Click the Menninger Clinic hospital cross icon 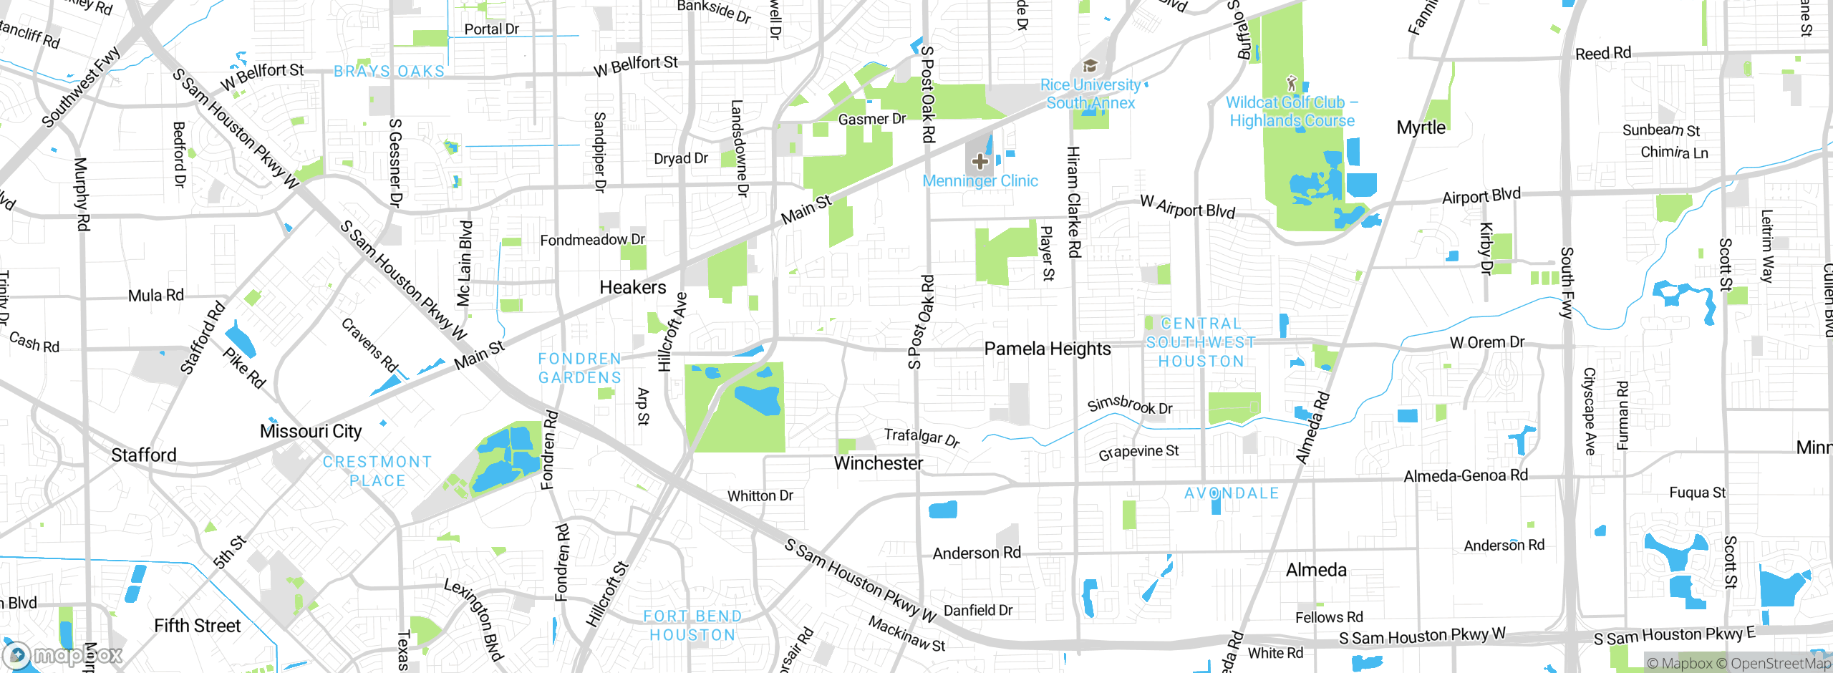tap(980, 162)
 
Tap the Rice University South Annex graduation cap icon tap(1090, 67)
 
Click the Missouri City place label tap(310, 431)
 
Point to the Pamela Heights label tap(1047, 349)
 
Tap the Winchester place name tap(878, 463)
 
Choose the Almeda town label tap(1316, 570)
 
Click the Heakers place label tap(632, 287)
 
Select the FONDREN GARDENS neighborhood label tap(579, 368)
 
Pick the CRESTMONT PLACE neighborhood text tap(377, 471)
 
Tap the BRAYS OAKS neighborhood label tap(389, 72)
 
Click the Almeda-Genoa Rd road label tap(1465, 476)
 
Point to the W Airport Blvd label tap(1187, 208)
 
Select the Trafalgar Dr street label tap(922, 437)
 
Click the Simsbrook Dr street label tap(1129, 405)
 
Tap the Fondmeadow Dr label tap(592, 240)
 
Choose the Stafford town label tap(143, 455)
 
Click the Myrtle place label tap(1421, 127)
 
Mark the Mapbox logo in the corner tap(63, 655)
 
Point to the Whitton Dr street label tap(760, 495)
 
